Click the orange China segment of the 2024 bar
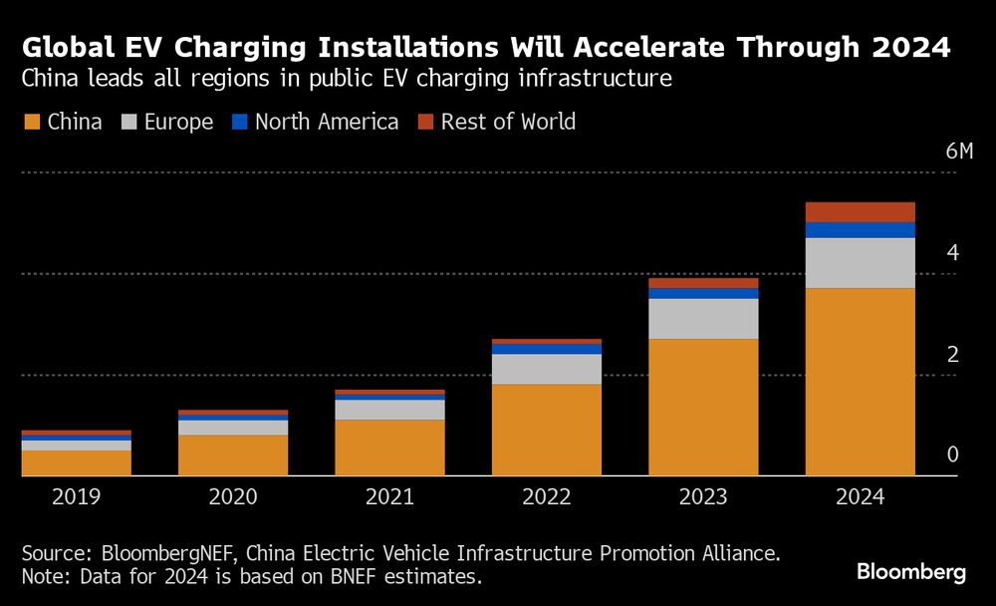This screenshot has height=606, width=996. click(x=860, y=382)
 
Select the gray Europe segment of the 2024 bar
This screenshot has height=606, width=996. click(x=860, y=263)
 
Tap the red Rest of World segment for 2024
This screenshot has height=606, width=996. click(x=860, y=211)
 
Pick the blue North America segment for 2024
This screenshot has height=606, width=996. click(x=860, y=230)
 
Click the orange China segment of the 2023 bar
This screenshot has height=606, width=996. click(x=703, y=407)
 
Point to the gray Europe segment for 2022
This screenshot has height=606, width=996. click(x=547, y=369)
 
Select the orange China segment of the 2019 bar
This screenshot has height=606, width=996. click(x=77, y=462)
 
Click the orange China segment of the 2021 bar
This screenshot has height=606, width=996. click(x=389, y=448)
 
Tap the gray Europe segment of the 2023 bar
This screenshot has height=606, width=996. click(x=703, y=319)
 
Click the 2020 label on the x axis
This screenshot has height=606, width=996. click(x=233, y=496)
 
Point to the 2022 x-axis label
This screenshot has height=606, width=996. click(x=547, y=496)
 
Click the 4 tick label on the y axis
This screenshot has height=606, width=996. click(x=952, y=253)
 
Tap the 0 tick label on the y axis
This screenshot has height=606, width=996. click(x=952, y=455)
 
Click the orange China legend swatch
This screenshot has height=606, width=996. click(x=31, y=123)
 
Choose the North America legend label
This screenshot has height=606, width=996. click(x=326, y=123)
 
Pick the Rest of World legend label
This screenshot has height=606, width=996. click(x=507, y=123)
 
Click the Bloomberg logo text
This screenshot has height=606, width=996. click(x=911, y=572)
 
